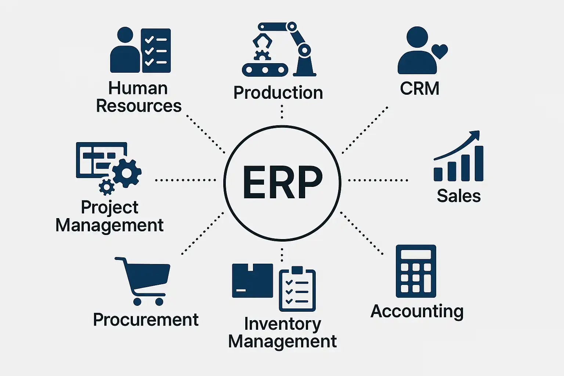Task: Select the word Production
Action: pos(278,93)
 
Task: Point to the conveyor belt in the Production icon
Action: pos(265,69)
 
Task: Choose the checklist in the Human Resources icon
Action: pos(156,50)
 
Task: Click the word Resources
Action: pos(139,106)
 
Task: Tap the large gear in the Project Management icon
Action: pos(127,173)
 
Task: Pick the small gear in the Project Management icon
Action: pos(106,187)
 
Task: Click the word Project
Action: pos(109,207)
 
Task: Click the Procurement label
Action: pos(146,320)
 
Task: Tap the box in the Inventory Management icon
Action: pos(252,281)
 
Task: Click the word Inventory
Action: pos(282,324)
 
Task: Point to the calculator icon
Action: pos(416,271)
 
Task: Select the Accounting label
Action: pos(417,311)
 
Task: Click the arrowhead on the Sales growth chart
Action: pos(475,134)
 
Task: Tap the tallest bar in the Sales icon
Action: pos(479,163)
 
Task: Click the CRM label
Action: pos(420,88)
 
